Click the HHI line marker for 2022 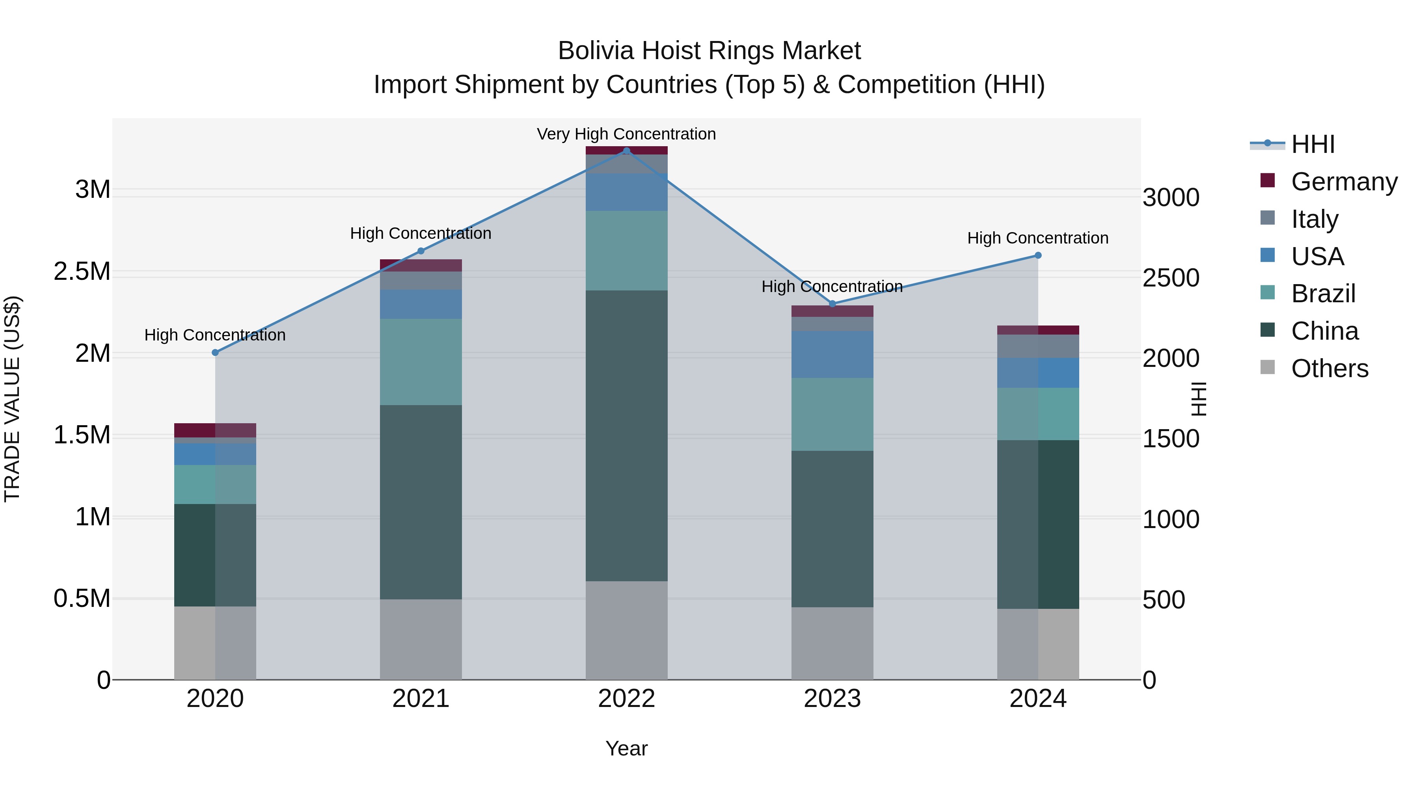626,151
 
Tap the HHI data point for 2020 215,352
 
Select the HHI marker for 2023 832,304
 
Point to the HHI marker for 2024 1038,255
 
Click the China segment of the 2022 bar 626,435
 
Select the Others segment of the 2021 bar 421,639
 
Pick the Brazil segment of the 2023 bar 832,414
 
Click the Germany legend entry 1344,182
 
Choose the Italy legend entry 1314,219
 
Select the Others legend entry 1329,368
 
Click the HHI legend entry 1313,144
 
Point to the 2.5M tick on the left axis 82,272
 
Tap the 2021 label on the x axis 421,699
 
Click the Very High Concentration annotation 626,134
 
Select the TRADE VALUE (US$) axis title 12,399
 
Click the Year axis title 626,748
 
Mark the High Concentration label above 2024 1038,238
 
